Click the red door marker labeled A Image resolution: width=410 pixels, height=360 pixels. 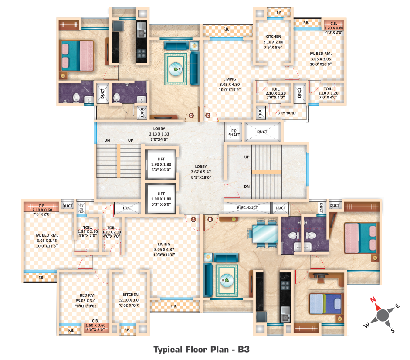click(193, 219)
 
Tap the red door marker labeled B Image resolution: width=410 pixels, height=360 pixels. click(210, 219)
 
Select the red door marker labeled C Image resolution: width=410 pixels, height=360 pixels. click(208, 115)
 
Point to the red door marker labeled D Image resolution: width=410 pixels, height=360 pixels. click(191, 115)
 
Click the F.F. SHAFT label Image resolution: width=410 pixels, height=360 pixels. click(234, 132)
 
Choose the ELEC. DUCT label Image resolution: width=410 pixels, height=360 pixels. click(247, 208)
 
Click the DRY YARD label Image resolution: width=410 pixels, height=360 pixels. click(286, 112)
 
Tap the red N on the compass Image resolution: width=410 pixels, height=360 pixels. click(373, 300)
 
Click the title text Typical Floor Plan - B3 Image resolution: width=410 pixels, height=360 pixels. click(201, 349)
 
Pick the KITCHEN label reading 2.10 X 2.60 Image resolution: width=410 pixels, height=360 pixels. click(272, 42)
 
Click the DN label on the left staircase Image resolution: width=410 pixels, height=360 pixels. click(107, 140)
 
